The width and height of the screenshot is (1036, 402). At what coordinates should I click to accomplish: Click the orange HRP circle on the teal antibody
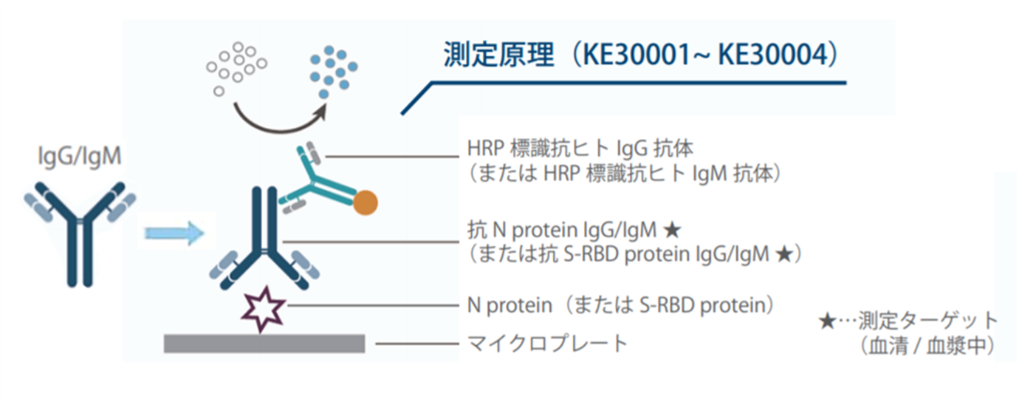[366, 202]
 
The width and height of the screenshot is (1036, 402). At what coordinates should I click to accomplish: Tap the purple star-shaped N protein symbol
[263, 310]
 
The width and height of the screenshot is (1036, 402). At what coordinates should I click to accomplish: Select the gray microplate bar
[264, 344]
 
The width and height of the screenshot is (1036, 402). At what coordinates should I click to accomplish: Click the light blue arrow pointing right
[174, 233]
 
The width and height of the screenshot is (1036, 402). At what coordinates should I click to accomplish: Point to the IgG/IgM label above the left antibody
[80, 156]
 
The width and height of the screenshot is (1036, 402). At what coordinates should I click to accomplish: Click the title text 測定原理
[498, 55]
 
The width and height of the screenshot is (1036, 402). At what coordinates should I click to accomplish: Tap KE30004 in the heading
[772, 55]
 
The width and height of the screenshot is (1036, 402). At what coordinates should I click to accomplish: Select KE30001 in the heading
[637, 55]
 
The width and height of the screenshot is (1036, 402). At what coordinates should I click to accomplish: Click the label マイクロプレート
[547, 344]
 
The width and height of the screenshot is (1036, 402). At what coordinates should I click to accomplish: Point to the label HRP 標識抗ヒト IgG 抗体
[580, 149]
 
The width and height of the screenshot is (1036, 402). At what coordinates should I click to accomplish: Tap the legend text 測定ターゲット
[928, 321]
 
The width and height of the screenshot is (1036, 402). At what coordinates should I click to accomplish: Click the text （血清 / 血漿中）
[927, 346]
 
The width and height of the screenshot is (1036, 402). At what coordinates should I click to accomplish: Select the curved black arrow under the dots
[281, 120]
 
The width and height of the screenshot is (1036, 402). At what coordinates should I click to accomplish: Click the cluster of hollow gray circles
[236, 69]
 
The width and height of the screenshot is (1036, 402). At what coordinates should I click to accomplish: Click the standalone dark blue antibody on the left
[80, 234]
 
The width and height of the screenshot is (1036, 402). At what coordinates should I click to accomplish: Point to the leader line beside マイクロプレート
[416, 344]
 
